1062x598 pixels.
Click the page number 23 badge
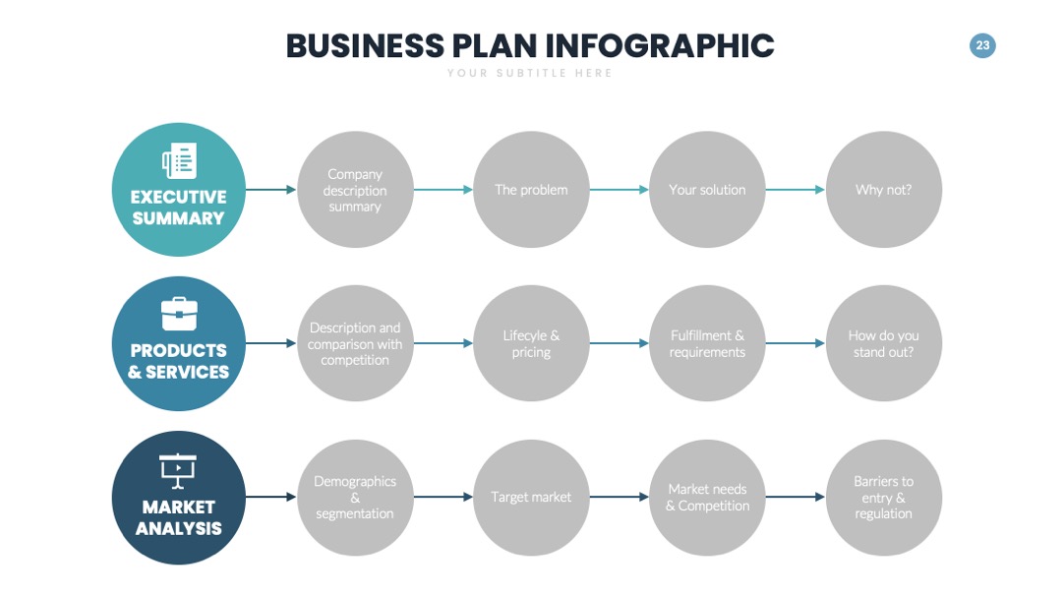click(982, 45)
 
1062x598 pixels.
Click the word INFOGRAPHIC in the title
click(660, 46)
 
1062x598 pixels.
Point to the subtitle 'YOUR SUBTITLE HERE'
click(530, 73)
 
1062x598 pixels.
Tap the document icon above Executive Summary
click(179, 160)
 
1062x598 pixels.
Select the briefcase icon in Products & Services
click(179, 314)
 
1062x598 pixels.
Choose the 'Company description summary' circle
click(355, 190)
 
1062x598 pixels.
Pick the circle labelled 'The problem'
click(531, 190)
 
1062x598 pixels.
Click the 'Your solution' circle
click(707, 190)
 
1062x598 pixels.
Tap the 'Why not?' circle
click(884, 190)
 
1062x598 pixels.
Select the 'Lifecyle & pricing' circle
click(531, 343)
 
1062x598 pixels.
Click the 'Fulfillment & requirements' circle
click(707, 343)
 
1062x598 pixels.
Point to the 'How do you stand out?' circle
click(884, 343)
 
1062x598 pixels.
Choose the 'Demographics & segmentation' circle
click(355, 497)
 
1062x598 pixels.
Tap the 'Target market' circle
click(531, 497)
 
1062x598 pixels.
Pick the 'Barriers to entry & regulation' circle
click(884, 497)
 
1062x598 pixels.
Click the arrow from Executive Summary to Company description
click(271, 190)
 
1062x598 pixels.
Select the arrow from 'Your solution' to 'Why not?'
click(796, 190)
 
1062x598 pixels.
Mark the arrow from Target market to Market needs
click(619, 497)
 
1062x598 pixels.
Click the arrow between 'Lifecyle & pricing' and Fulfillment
click(619, 343)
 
